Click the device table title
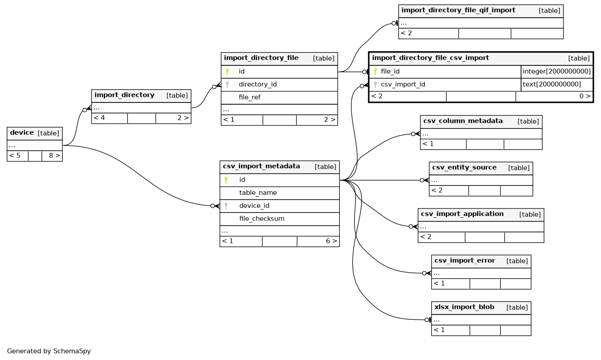coord(22,133)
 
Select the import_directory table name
coord(124,95)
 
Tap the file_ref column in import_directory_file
coord(249,97)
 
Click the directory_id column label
coord(257,84)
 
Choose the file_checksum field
coord(261,219)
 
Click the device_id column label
coord(254,206)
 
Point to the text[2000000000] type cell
coord(552,84)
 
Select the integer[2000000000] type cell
coord(557,72)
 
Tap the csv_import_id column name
coord(403,84)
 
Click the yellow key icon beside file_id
coord(375,72)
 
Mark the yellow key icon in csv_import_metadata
coord(226,180)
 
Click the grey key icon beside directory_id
coord(227,85)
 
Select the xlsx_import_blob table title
coord(464,307)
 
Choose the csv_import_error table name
coord(465,261)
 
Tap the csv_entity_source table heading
coord(464,167)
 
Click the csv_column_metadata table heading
coord(463,121)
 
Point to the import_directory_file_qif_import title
coord(458,10)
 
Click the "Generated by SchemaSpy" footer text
coord(49,351)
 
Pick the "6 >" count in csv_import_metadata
coord(331,241)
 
